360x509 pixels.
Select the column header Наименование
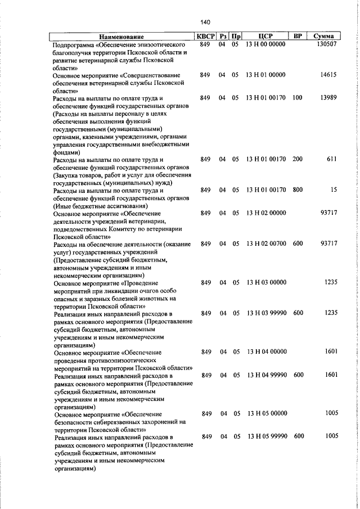click(x=122, y=37)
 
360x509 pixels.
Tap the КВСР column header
click(x=205, y=37)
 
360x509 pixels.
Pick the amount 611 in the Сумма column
click(x=331, y=159)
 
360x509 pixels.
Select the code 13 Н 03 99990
click(x=267, y=313)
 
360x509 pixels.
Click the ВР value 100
click(x=297, y=98)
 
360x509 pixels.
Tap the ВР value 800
click(x=298, y=190)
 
